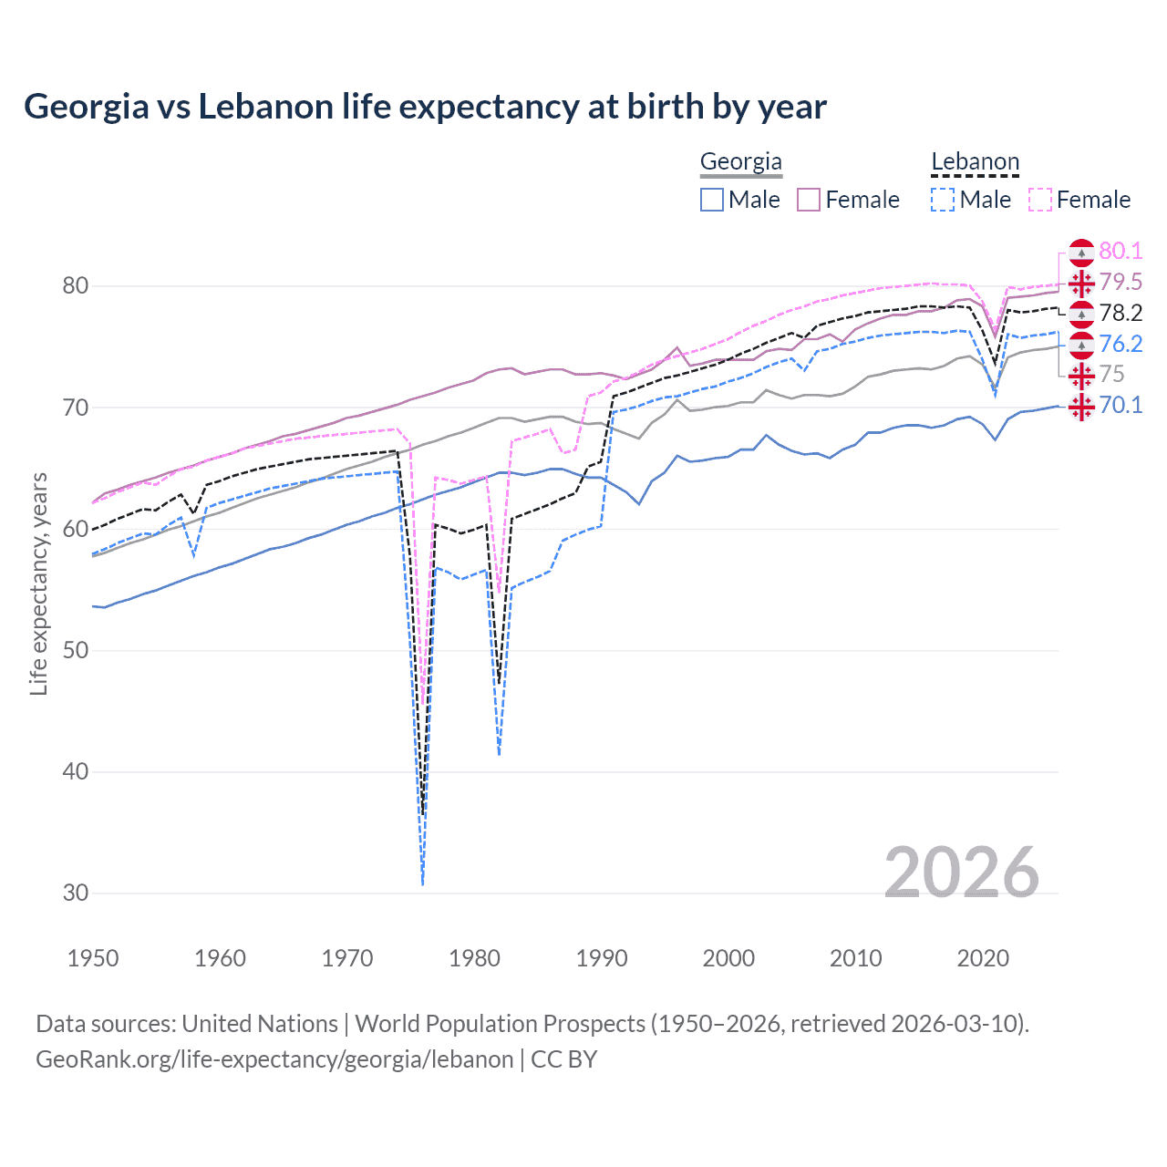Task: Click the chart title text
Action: [425, 107]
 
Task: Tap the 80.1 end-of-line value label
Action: [1121, 251]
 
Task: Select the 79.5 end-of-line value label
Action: [1121, 282]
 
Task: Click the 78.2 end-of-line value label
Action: [1121, 313]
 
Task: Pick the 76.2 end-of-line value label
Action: [1121, 344]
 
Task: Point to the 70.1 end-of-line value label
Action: [1121, 405]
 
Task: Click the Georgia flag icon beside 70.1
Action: [1081, 406]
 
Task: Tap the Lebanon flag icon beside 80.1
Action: [1081, 253]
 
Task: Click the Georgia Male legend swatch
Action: [712, 200]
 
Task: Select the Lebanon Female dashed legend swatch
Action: [1040, 200]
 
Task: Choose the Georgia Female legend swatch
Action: [809, 200]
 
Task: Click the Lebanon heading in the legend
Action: [975, 162]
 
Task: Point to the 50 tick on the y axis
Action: [76, 650]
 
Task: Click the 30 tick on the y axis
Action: [76, 893]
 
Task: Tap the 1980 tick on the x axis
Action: [474, 958]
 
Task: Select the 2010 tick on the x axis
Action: [855, 958]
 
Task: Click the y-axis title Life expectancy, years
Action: [38, 583]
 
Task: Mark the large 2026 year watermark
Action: [961, 873]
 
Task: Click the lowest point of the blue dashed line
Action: [423, 884]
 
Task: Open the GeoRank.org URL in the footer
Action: [274, 1059]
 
